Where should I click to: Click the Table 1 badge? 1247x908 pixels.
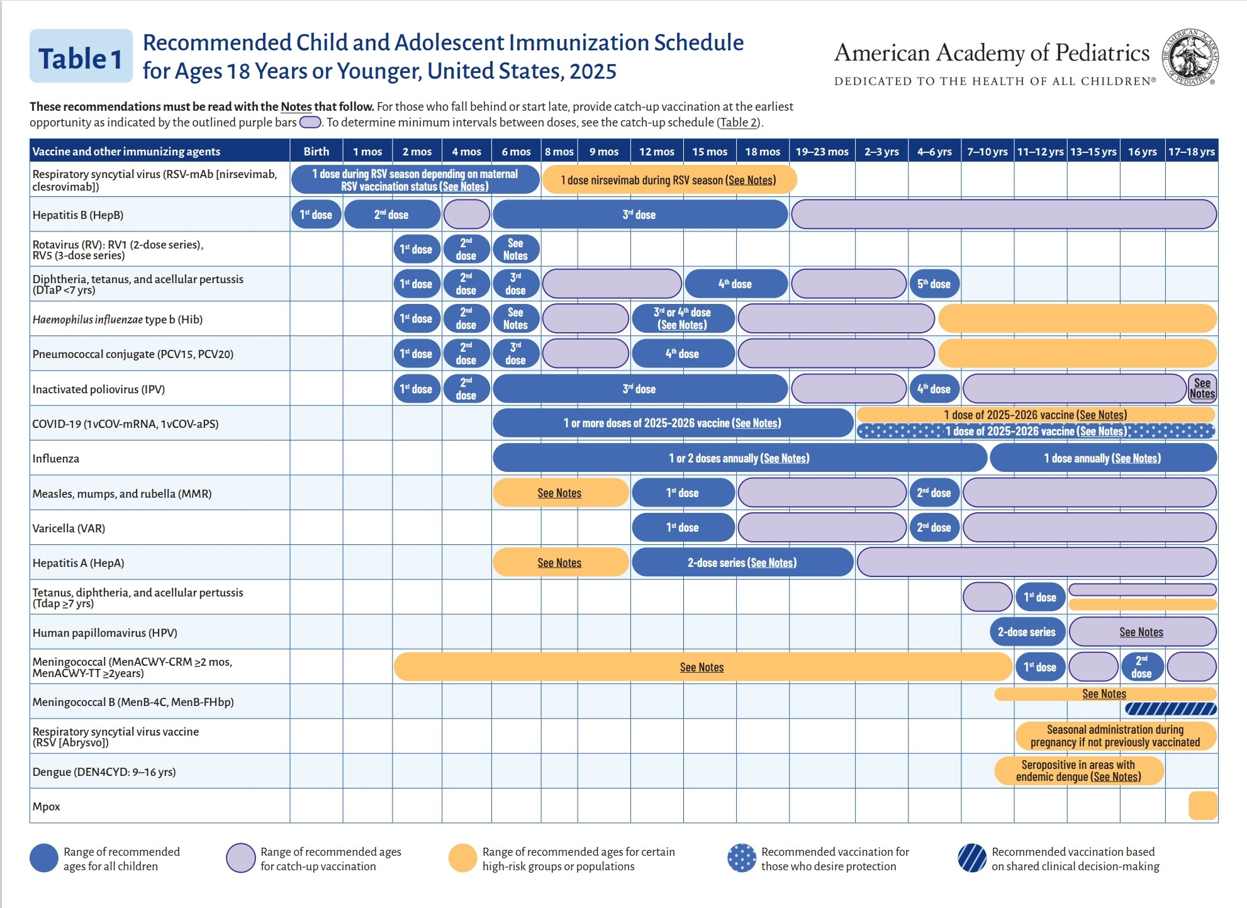pyautogui.click(x=81, y=57)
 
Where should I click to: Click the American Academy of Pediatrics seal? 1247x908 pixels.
pyautogui.click(x=1189, y=57)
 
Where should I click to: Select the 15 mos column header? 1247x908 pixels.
pyautogui.click(x=710, y=152)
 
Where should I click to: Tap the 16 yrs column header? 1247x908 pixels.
pyautogui.click(x=1142, y=152)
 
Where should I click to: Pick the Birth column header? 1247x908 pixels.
pyautogui.click(x=316, y=152)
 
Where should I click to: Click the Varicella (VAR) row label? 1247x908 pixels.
pyautogui.click(x=69, y=529)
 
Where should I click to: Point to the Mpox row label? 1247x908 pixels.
pyautogui.click(x=46, y=807)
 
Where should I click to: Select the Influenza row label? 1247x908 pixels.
pyautogui.click(x=55, y=459)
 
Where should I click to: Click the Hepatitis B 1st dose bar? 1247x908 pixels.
pyautogui.click(x=316, y=215)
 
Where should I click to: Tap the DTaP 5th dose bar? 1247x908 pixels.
pyautogui.click(x=934, y=284)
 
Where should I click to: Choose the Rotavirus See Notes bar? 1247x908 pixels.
pyautogui.click(x=515, y=249)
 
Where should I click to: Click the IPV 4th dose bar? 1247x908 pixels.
pyautogui.click(x=934, y=389)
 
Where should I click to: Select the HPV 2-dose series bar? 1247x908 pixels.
pyautogui.click(x=1027, y=632)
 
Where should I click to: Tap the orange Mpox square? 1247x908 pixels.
pyautogui.click(x=1202, y=806)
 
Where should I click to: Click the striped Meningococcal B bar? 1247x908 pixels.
pyautogui.click(x=1170, y=709)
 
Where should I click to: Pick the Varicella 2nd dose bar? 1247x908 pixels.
pyautogui.click(x=934, y=528)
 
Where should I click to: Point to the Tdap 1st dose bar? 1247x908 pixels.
pyautogui.click(x=1040, y=597)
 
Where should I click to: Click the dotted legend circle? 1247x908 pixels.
pyautogui.click(x=741, y=858)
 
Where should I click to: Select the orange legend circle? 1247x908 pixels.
pyautogui.click(x=462, y=858)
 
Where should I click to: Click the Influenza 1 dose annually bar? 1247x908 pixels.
pyautogui.click(x=1102, y=458)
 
